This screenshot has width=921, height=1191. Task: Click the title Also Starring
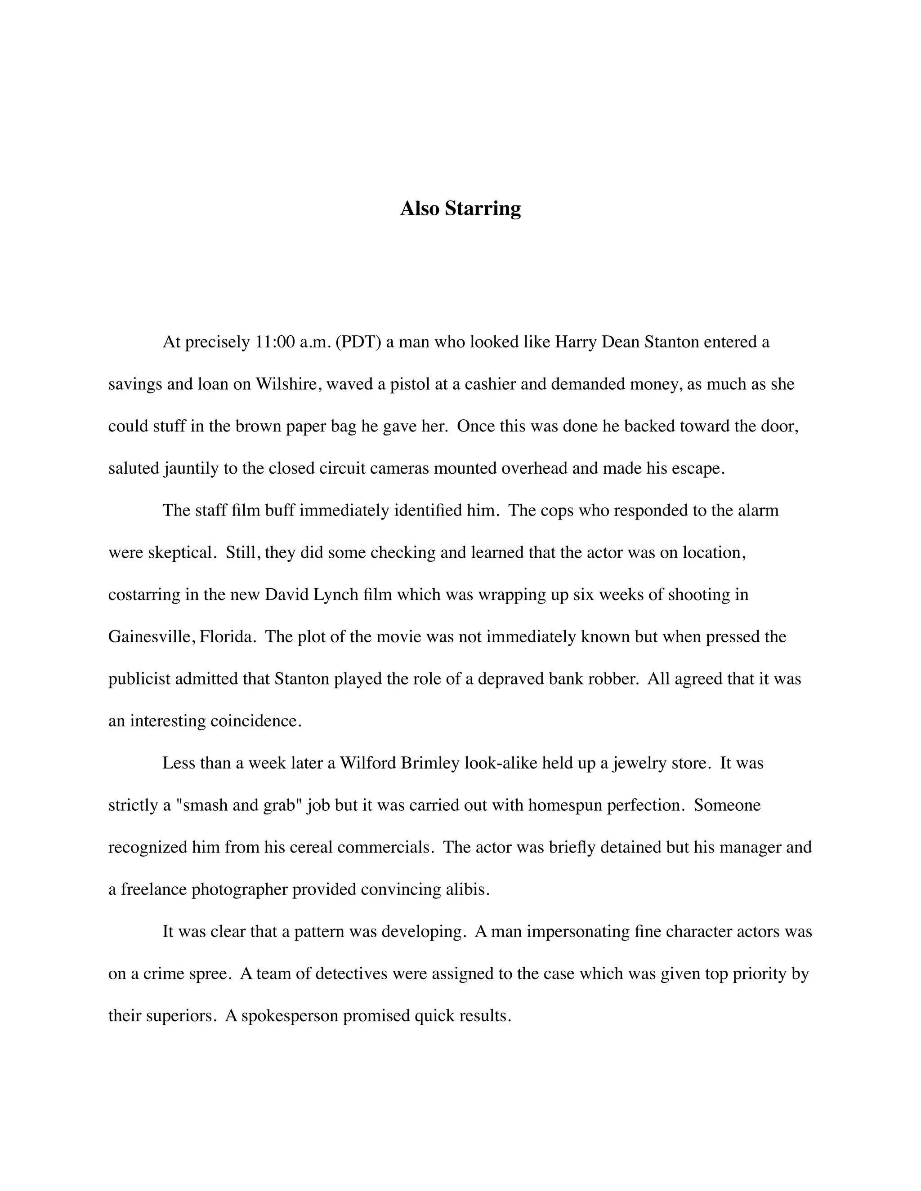(x=460, y=209)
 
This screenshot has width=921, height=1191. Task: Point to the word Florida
(x=228, y=637)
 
